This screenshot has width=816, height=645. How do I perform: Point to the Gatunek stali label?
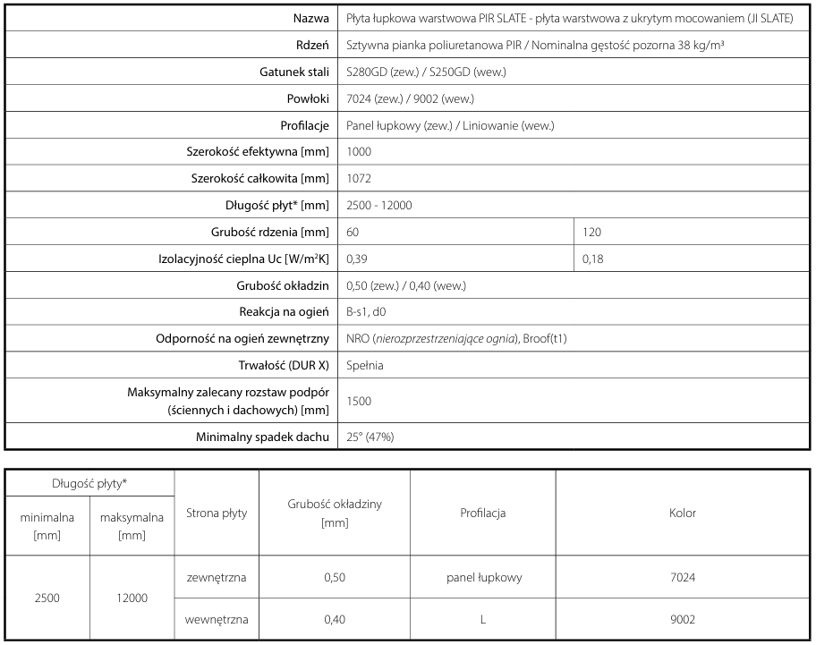(x=288, y=72)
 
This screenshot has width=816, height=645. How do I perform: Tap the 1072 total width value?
(x=358, y=179)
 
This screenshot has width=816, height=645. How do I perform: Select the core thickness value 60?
(x=353, y=233)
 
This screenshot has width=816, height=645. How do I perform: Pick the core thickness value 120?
(x=592, y=233)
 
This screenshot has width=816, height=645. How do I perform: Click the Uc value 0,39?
(x=356, y=259)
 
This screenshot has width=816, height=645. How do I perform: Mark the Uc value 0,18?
(x=592, y=259)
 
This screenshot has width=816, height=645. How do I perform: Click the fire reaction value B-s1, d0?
(x=366, y=313)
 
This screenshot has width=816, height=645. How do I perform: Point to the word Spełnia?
(x=364, y=366)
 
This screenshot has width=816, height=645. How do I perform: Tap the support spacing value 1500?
(x=358, y=401)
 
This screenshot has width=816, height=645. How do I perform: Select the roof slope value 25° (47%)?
(x=370, y=437)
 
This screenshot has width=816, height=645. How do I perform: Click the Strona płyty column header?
(x=216, y=513)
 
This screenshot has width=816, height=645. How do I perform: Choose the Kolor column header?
(x=683, y=513)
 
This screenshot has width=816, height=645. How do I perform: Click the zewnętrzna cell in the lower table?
(x=216, y=578)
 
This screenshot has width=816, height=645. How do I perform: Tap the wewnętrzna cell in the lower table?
(x=216, y=619)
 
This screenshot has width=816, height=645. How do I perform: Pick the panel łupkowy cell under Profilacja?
(x=483, y=578)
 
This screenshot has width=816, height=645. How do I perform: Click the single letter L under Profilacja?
(x=483, y=619)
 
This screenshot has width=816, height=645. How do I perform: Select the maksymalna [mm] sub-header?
(x=132, y=526)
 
